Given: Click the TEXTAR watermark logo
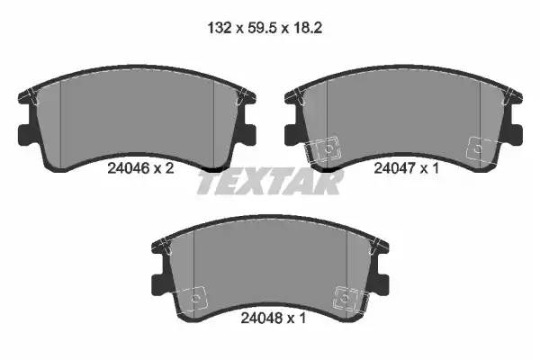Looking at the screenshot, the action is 270,182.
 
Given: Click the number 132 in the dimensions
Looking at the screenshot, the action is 220,28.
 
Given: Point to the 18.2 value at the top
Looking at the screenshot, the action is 308,28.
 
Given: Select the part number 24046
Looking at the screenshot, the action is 128,168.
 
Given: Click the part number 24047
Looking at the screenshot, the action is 395,168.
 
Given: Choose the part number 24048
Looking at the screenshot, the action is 262,318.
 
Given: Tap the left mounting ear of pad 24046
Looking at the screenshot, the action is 25,134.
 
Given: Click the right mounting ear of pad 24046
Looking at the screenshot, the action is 249,134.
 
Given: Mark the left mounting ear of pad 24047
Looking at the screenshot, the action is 292,134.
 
